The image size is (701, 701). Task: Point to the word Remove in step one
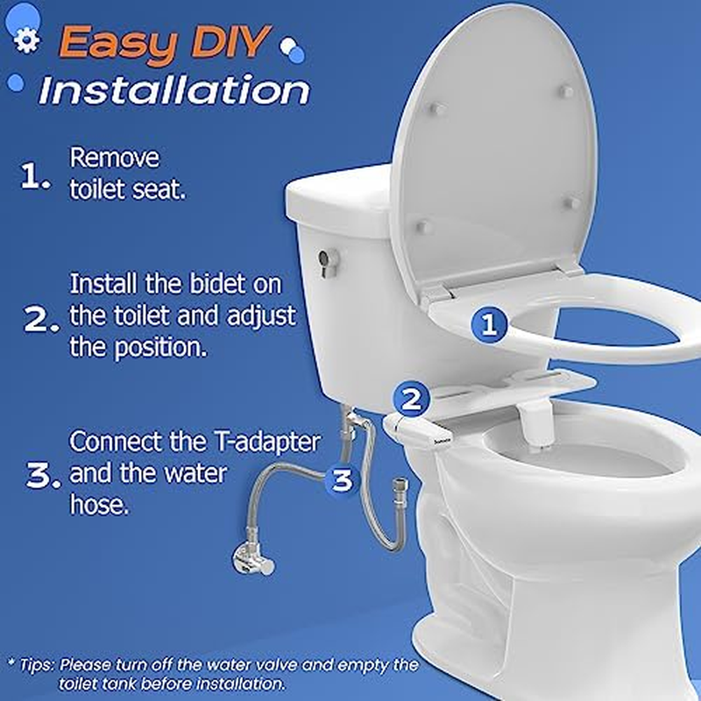click(115, 159)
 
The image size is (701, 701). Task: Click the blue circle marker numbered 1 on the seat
click(489, 326)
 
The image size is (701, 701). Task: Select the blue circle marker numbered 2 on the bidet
click(411, 400)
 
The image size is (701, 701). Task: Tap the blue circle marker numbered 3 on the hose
click(343, 479)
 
